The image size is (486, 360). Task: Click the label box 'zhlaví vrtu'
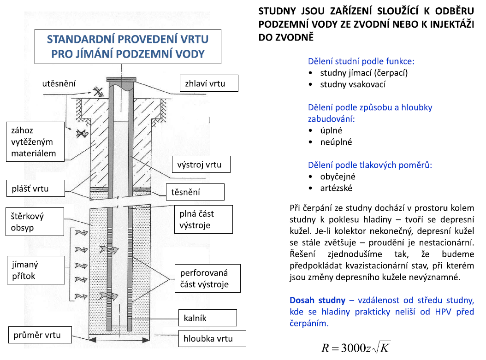click(209, 83)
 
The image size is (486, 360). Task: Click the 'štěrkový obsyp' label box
click(35, 222)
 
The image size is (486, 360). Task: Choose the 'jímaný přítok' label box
click(36, 270)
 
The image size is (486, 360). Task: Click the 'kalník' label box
click(207, 318)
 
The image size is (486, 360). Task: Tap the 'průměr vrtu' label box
click(40, 335)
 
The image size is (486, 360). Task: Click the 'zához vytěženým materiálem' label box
click(36, 142)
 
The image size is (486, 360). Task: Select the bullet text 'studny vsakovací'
click(353, 84)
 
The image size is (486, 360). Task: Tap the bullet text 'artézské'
click(337, 188)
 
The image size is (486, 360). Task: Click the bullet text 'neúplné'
click(336, 142)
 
